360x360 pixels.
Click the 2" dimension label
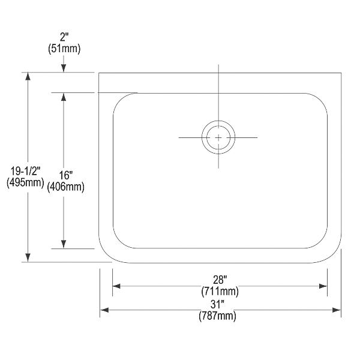tap(64, 37)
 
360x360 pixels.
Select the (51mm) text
tap(64, 49)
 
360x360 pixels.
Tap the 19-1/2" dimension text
tap(25, 171)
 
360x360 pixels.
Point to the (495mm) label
tap(25, 183)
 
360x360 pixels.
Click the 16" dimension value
tap(65, 175)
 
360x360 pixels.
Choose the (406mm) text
tap(65, 187)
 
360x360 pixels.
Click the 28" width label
tap(220, 280)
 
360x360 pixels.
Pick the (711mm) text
tap(220, 292)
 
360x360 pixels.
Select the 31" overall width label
tap(217, 305)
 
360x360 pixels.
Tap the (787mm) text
tap(217, 316)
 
